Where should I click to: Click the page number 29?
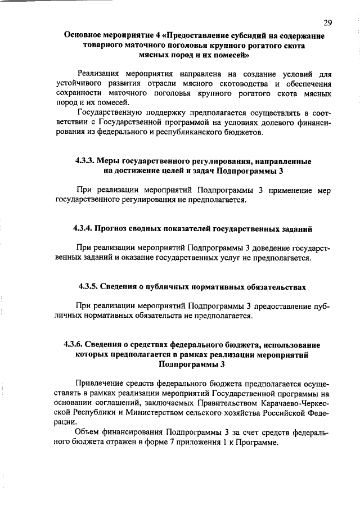click(327, 22)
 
